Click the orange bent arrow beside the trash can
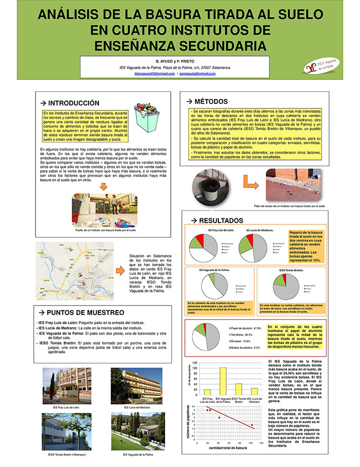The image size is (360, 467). click(251, 182)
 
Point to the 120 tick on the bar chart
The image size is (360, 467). click(194, 362)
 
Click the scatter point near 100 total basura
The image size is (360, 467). click(252, 425)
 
